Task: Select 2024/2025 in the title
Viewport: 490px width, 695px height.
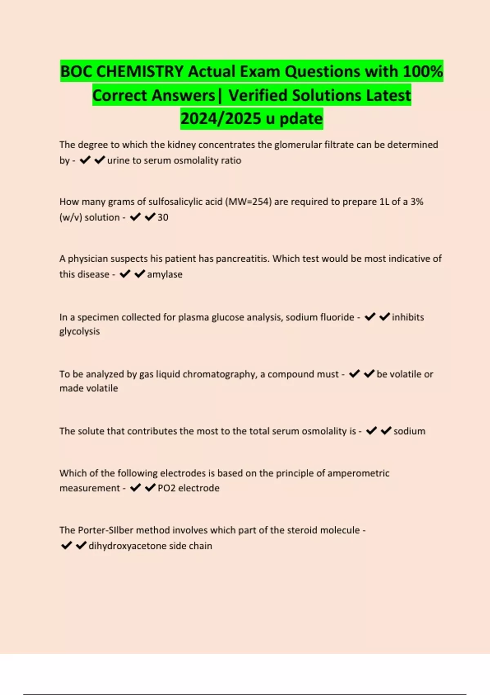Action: click(x=220, y=119)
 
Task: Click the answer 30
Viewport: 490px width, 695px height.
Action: click(x=163, y=217)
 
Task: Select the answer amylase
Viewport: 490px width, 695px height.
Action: click(x=165, y=274)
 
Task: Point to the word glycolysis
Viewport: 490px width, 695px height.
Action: click(x=80, y=332)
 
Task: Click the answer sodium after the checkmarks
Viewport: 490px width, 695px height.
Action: click(x=409, y=431)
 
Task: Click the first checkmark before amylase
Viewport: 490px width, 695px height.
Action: click(x=125, y=274)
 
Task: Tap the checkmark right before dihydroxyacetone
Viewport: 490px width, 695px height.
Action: click(x=81, y=545)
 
